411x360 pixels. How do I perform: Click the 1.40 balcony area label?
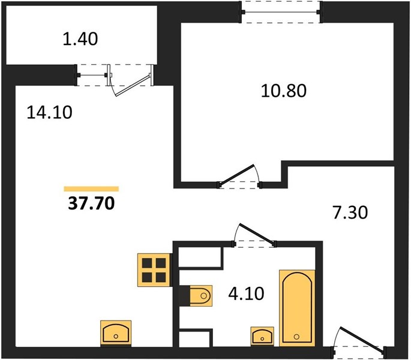coord(80,39)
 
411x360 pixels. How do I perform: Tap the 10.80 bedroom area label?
coord(284,91)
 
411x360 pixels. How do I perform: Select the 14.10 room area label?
coord(50,112)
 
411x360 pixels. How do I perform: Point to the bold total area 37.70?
coord(91,203)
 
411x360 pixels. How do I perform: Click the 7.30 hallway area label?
coord(350,212)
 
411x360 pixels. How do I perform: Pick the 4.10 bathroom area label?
coord(246,293)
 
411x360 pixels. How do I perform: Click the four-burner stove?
coord(154,270)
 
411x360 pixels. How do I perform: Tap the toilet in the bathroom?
coord(200,296)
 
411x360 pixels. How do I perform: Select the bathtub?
coord(297,308)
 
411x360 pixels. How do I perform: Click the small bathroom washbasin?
coord(262,336)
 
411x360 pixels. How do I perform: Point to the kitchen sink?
coord(116,333)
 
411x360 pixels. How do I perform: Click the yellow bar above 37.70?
coord(91,189)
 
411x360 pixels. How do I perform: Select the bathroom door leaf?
coord(257,233)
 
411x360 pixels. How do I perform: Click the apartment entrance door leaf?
coord(362,339)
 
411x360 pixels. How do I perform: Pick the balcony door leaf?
coord(133,85)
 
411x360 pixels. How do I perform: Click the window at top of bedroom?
coord(281,12)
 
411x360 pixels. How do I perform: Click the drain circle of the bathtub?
coord(296,337)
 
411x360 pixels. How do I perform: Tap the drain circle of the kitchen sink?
coord(116,336)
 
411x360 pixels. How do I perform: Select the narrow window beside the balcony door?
coord(92,75)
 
